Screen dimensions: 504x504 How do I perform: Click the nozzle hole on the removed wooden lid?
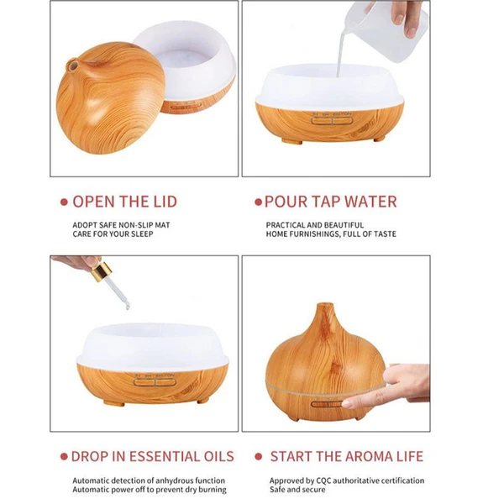[x=72, y=64]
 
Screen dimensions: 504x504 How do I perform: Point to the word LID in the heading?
[x=160, y=202]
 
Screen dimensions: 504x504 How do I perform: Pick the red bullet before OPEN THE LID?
[x=63, y=202]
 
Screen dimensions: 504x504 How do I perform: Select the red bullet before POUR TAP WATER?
[x=257, y=202]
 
